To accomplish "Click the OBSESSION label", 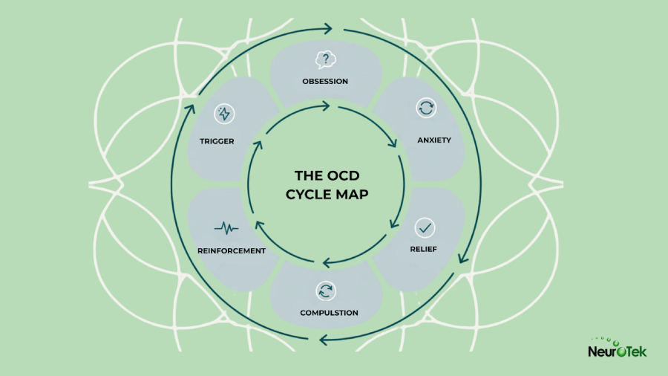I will [x=325, y=81].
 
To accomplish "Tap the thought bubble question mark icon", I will [x=324, y=60].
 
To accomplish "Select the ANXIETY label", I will [x=434, y=140].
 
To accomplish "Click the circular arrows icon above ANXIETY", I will [x=426, y=108].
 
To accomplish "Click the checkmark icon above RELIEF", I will [x=425, y=227].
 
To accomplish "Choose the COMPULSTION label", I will [x=329, y=312].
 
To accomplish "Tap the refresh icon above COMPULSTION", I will [x=325, y=291].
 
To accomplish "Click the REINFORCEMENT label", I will [x=232, y=250].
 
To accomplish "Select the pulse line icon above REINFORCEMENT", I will [x=226, y=227].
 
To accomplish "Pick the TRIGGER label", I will [x=217, y=140].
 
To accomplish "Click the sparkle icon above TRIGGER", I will [x=223, y=114].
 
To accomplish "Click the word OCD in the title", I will [x=344, y=176].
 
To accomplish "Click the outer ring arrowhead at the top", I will [x=326, y=29].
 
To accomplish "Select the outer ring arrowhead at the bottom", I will [x=324, y=340].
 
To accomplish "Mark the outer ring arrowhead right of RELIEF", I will [x=463, y=258].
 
